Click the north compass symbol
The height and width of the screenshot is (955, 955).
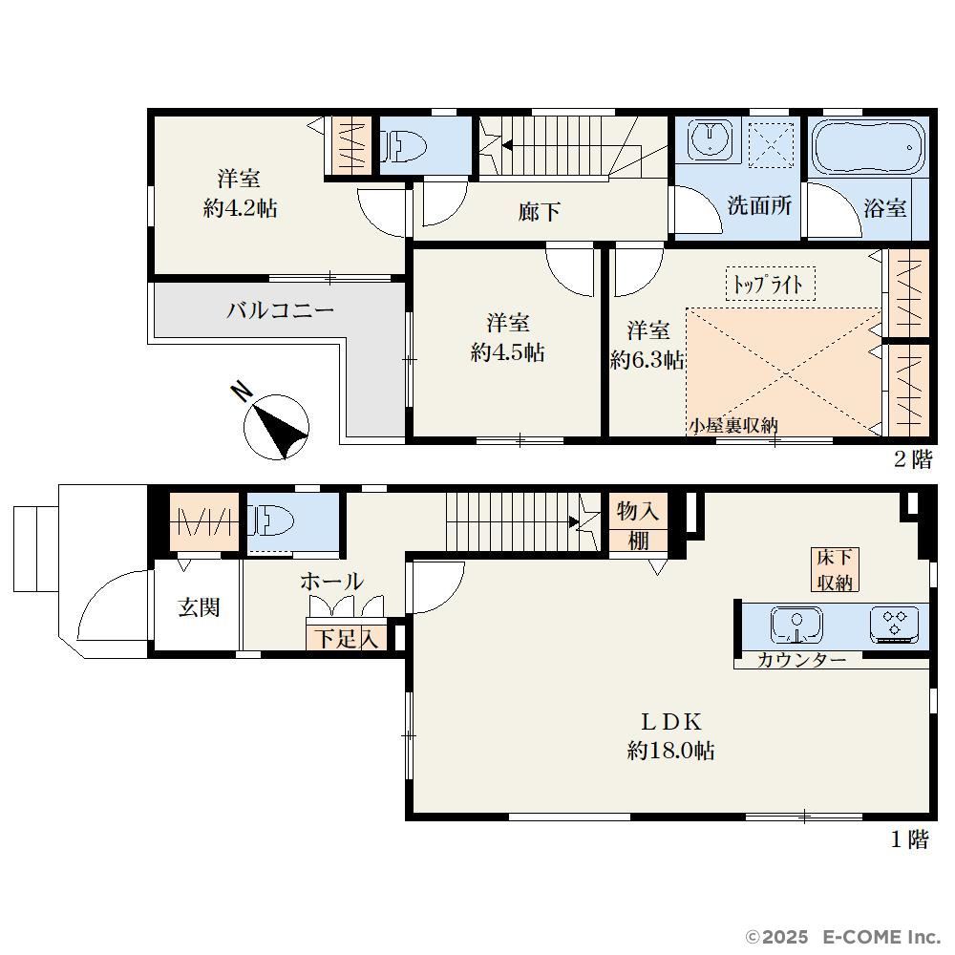click(x=276, y=426)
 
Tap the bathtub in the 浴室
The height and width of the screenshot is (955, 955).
click(x=868, y=147)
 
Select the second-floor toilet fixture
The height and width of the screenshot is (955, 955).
click(x=403, y=147)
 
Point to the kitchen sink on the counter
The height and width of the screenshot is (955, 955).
click(x=796, y=625)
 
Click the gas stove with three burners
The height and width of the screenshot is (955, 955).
click(x=895, y=625)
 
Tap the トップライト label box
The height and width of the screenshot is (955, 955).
click(x=770, y=284)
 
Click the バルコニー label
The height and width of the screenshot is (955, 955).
click(x=280, y=310)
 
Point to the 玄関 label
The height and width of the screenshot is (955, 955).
click(x=199, y=607)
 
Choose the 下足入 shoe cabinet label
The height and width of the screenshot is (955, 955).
click(x=346, y=638)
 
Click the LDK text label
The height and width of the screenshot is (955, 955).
click(x=671, y=722)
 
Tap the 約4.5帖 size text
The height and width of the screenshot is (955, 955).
click(x=507, y=352)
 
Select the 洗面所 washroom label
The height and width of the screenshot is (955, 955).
click(x=759, y=206)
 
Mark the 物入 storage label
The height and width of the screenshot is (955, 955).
click(x=638, y=510)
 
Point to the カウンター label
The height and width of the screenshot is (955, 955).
click(x=801, y=660)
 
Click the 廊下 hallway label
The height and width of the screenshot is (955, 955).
click(x=539, y=212)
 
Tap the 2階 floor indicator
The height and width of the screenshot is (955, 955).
click(x=912, y=459)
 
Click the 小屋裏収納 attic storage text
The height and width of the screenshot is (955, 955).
click(x=733, y=426)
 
